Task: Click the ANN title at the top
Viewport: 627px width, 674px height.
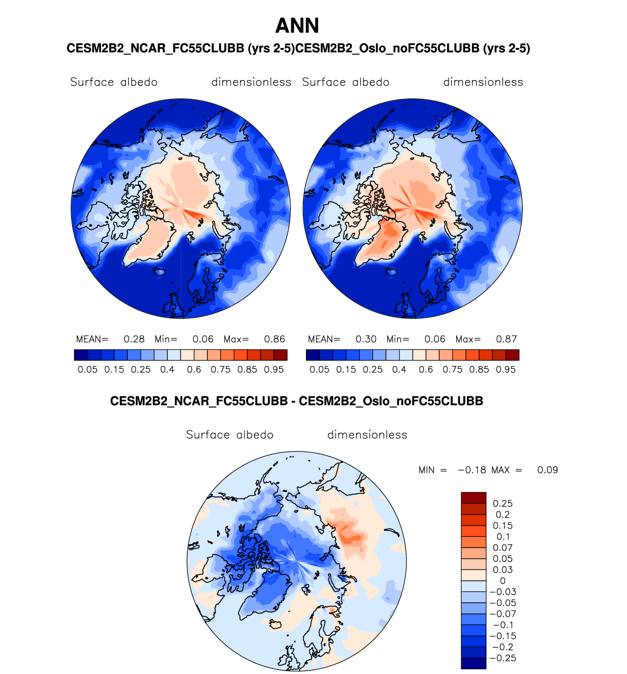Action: tap(297, 26)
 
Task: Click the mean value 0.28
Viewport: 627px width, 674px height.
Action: tap(134, 339)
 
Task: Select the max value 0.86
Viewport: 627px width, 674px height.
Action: tap(275, 339)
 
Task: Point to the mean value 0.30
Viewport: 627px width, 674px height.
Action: tap(366, 339)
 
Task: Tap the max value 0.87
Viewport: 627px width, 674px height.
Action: tap(506, 339)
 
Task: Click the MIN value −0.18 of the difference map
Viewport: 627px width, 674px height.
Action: tap(472, 470)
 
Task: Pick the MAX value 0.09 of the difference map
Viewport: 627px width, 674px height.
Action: tap(547, 470)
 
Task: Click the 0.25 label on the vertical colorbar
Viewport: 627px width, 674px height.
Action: tap(503, 504)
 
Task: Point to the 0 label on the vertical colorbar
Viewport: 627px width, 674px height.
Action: tap(503, 581)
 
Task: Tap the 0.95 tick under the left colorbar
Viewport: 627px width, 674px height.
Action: tap(274, 369)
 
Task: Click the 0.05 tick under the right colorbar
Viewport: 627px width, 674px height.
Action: tap(320, 369)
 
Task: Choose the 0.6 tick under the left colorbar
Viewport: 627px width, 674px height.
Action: tap(194, 369)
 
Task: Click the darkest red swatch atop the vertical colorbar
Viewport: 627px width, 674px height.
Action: tap(473, 498)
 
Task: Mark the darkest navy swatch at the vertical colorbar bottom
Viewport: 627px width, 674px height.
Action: tap(473, 663)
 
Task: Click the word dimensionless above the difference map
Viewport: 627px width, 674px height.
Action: tap(367, 435)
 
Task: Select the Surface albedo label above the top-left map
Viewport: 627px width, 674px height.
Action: tap(114, 82)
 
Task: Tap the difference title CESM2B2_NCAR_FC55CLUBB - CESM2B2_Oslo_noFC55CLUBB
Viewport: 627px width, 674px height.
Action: tap(297, 401)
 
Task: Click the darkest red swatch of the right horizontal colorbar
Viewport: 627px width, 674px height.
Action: tap(512, 355)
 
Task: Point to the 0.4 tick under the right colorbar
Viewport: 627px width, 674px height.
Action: tap(399, 369)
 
